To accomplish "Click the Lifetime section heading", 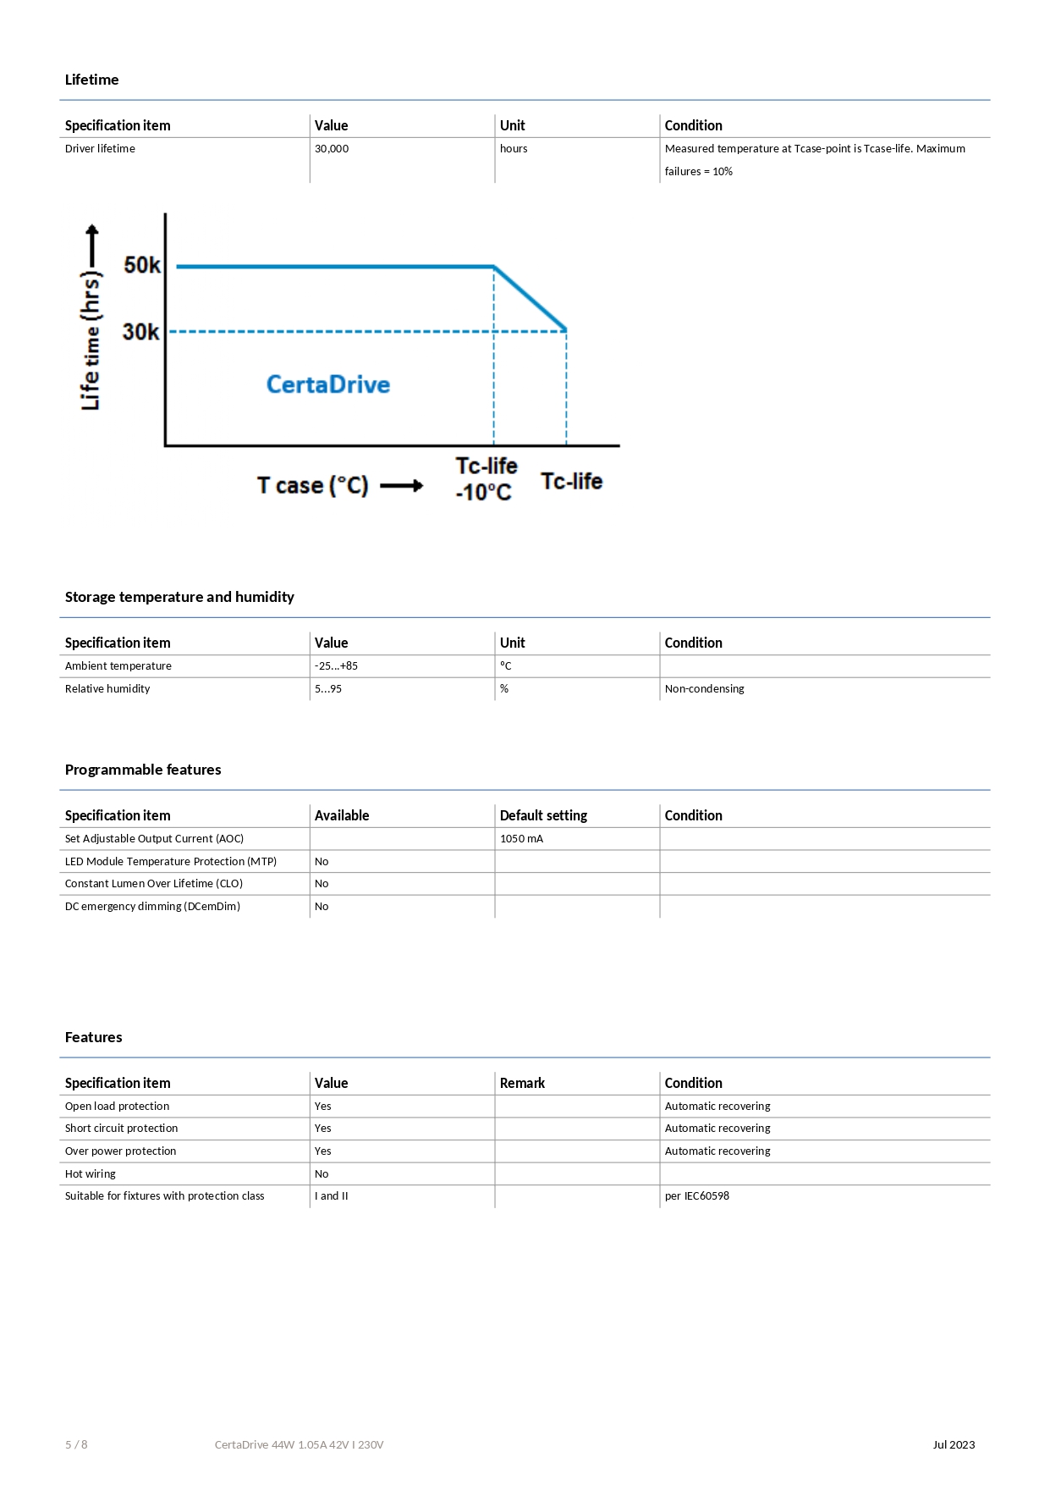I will coord(91,80).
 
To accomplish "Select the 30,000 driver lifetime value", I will coord(332,149).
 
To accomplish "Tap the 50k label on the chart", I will coord(142,265).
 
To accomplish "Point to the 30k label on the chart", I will coord(140,332).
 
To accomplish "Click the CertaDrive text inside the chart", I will coord(328,384).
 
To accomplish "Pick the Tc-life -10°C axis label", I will coord(486,479).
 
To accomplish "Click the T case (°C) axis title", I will coord(313,486).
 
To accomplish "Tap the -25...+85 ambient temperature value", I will coord(336,666).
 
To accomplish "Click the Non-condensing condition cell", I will coord(704,689).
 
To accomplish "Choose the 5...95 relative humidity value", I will coord(328,689).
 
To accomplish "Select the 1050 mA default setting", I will coord(521,839).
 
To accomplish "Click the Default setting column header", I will coord(543,815).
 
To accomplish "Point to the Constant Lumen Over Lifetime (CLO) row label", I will coord(154,884).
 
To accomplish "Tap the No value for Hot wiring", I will coord(322,1174).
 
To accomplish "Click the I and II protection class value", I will coord(332,1196).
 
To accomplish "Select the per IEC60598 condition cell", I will coord(696,1196).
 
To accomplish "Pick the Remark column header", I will coord(522,1083).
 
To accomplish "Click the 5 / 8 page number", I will coord(76,1445).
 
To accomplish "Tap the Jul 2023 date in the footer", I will coord(954,1445).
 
